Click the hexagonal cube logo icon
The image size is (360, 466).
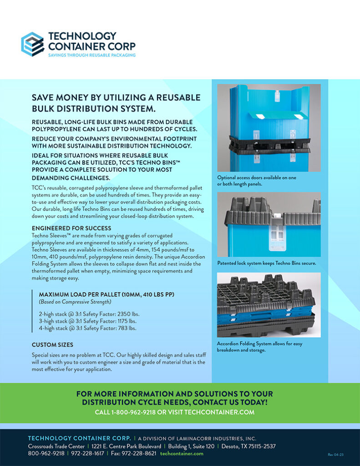tap(32, 44)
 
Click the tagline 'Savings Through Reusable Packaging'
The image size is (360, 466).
tap(91, 55)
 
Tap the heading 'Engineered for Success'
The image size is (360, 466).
tap(71, 228)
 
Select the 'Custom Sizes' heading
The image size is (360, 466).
tap(52, 344)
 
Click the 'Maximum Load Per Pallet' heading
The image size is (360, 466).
tap(106, 294)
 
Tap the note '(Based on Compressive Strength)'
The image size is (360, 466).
tap(76, 302)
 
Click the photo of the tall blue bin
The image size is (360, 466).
tap(269, 127)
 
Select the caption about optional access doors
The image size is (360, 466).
tap(257, 180)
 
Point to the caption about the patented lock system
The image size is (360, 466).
tap(267, 263)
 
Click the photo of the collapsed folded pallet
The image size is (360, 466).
tap(269, 304)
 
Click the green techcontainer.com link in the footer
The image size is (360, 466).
tap(182, 453)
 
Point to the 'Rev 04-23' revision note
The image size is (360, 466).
tap(335, 454)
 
